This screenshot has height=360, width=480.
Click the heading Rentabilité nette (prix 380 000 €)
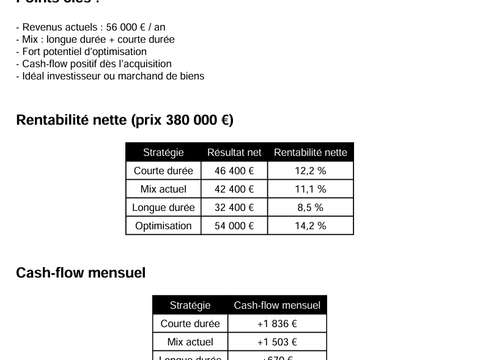(125, 120)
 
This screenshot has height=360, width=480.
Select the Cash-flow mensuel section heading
(81, 272)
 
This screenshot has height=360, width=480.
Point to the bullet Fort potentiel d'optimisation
(81, 51)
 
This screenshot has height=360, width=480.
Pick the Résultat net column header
(234, 152)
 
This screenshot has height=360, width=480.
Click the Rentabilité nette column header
(310, 152)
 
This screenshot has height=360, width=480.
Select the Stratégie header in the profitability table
(163, 152)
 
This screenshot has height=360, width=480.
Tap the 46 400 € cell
(234, 171)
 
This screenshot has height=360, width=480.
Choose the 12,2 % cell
(310, 171)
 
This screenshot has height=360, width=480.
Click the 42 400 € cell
(234, 189)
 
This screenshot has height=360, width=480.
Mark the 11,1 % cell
(310, 189)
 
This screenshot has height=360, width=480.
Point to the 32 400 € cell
(234, 207)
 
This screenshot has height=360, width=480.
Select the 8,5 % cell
(310, 207)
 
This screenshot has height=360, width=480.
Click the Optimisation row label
(163, 226)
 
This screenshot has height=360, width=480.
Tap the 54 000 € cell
(234, 226)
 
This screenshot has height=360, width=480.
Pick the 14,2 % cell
(310, 226)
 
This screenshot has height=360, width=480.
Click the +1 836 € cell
(277, 324)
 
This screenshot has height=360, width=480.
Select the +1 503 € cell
(277, 342)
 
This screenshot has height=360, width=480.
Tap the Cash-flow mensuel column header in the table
(277, 305)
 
